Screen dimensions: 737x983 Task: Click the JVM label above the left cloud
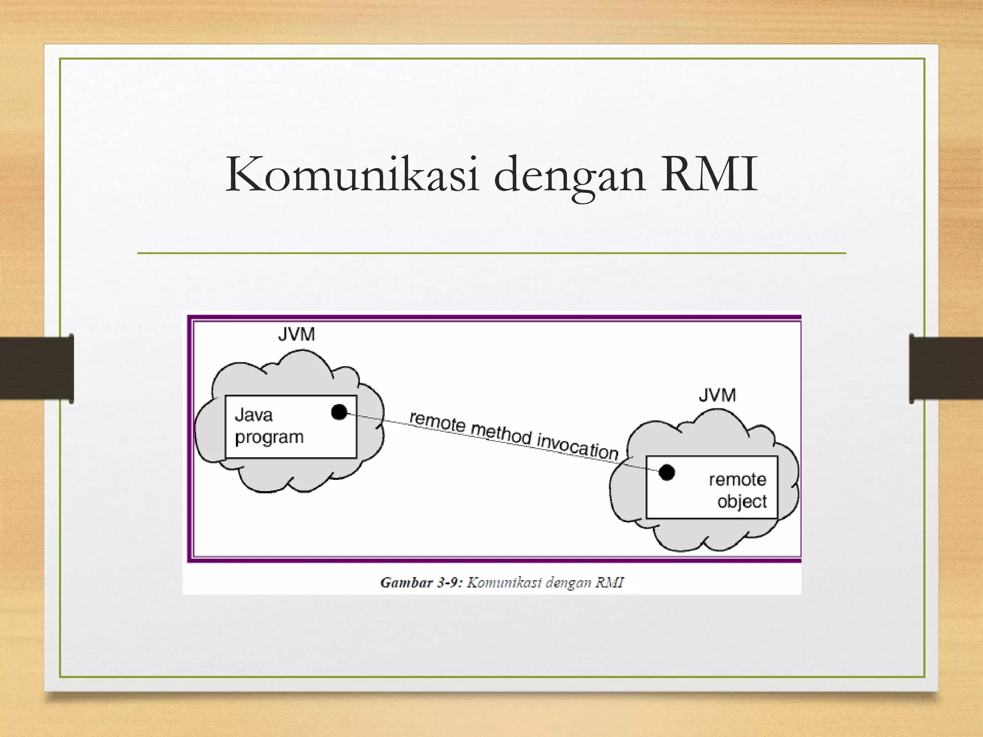(x=296, y=334)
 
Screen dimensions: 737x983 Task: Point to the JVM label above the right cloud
(x=717, y=395)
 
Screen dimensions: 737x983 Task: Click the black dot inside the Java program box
(x=339, y=412)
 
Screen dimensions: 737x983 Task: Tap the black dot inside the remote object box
(x=667, y=473)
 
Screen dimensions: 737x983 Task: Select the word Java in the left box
(x=253, y=415)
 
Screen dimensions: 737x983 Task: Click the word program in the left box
(x=269, y=438)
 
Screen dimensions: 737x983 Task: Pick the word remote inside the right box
(x=737, y=479)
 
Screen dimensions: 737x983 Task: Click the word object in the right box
(x=742, y=501)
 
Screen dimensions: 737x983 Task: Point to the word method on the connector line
(x=501, y=433)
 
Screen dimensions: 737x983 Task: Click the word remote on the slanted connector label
(x=437, y=422)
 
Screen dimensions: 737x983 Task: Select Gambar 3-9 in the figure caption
(x=421, y=582)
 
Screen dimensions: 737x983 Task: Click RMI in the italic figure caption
(x=610, y=582)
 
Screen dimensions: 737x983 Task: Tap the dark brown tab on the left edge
(x=36, y=368)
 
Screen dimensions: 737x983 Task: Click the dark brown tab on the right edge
(x=946, y=368)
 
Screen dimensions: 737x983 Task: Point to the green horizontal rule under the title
(x=491, y=253)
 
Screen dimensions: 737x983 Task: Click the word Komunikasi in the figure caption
(x=504, y=582)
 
